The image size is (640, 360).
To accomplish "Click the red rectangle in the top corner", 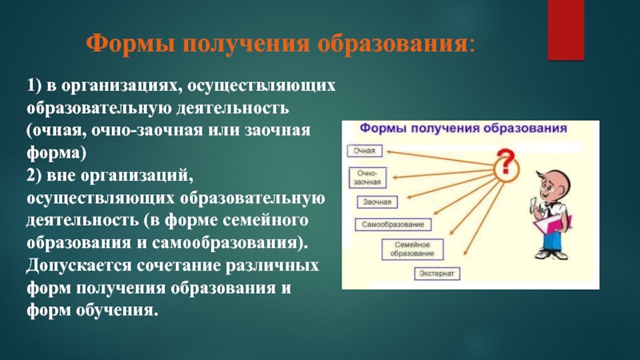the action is [566, 30].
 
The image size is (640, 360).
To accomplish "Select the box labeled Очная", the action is [365, 150].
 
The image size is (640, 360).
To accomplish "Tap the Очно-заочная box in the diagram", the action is [367, 178].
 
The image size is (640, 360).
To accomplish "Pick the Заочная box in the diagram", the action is [377, 202].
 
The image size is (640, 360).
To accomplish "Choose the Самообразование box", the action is [393, 225].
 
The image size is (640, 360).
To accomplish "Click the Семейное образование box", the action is [412, 250].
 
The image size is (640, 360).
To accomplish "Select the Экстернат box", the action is [437, 274].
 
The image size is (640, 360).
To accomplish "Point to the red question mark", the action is [506, 162].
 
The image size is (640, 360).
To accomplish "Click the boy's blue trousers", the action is [554, 240].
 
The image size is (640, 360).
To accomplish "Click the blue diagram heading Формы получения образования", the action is [463, 128].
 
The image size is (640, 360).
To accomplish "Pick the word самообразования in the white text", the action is [225, 243].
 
